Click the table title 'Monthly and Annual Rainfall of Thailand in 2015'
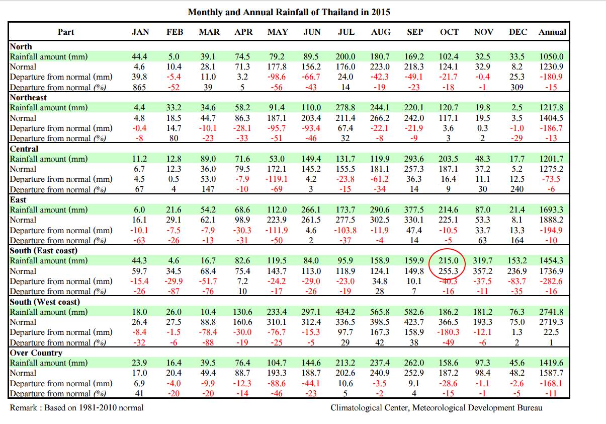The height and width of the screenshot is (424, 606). click(x=289, y=12)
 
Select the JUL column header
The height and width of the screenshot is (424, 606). click(x=346, y=32)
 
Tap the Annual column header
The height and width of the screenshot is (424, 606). click(x=552, y=32)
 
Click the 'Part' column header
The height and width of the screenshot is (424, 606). click(x=66, y=32)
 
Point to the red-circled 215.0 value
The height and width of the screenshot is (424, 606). click(x=449, y=261)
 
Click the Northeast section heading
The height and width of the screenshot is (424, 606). click(x=28, y=97)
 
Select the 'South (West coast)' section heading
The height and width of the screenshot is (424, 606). click(x=45, y=302)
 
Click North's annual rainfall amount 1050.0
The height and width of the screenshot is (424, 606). click(x=552, y=56)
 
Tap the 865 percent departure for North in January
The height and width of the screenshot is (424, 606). click(x=140, y=87)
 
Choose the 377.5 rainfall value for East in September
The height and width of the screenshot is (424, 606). click(x=414, y=209)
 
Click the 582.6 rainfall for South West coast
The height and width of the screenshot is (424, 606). click(x=414, y=312)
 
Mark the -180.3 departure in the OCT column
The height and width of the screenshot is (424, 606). click(x=449, y=332)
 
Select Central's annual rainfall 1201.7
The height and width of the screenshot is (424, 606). click(x=552, y=159)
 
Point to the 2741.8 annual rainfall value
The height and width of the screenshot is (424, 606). click(x=552, y=312)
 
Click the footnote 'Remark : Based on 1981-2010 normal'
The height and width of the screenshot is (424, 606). click(x=76, y=407)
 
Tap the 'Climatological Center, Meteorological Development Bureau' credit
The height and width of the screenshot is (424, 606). click(x=437, y=407)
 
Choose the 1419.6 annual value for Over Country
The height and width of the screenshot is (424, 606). click(x=552, y=363)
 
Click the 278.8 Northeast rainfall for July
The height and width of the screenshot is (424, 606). click(x=346, y=107)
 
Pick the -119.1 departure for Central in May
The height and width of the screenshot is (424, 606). click(x=277, y=179)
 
